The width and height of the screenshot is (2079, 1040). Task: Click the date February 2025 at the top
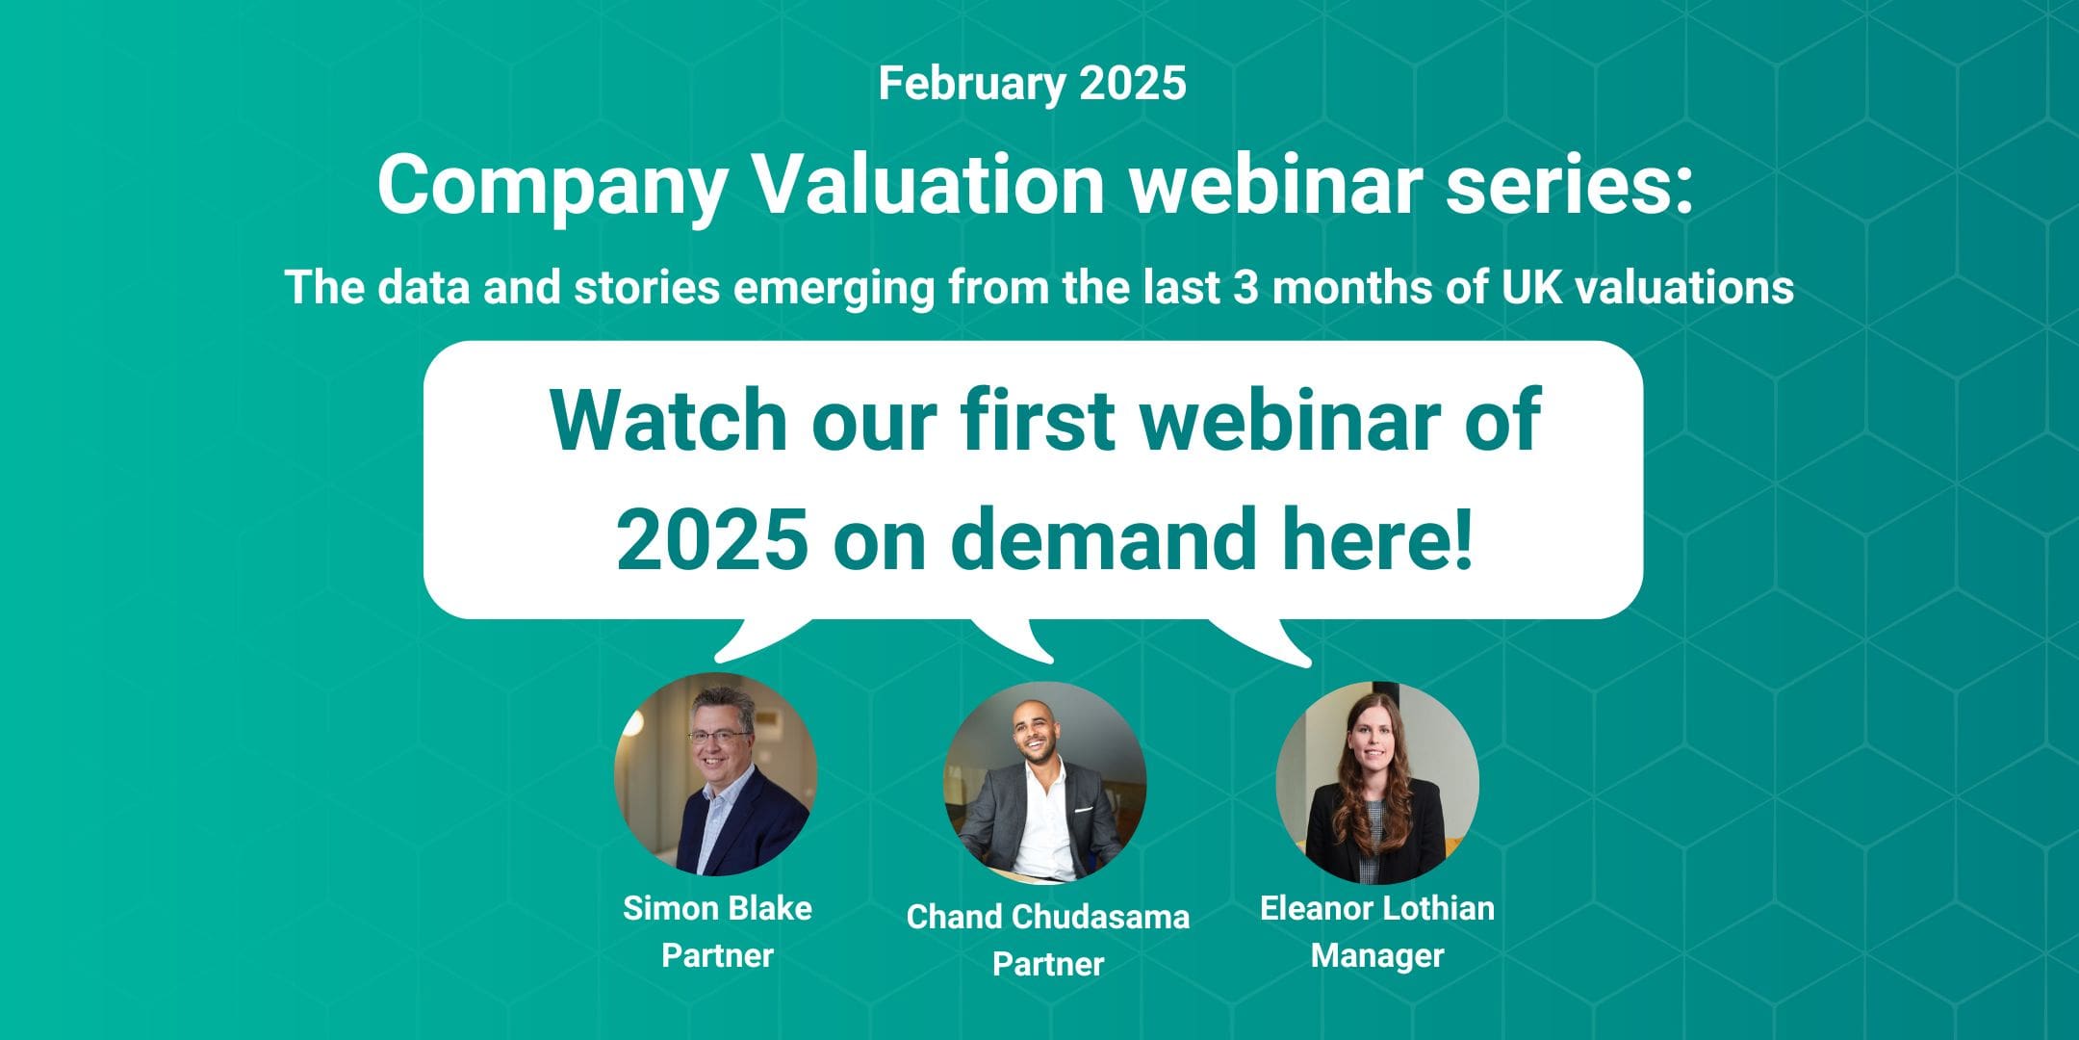(x=1032, y=84)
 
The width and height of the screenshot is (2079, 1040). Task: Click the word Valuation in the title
(x=928, y=185)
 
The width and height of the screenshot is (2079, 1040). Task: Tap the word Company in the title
(x=552, y=187)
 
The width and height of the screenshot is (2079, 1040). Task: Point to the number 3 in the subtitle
(x=1246, y=287)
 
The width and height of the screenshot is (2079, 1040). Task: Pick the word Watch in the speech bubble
(x=668, y=420)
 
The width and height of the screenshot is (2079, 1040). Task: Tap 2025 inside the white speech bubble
(x=712, y=539)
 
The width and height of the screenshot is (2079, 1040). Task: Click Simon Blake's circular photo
(x=716, y=773)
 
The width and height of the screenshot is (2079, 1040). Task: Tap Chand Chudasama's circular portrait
(x=1044, y=782)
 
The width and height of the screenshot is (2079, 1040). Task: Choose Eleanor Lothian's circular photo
(x=1377, y=782)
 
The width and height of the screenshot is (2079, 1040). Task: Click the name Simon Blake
(x=717, y=908)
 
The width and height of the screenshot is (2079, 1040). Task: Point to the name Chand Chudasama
(x=1047, y=917)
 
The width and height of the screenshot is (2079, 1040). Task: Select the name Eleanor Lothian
(x=1376, y=908)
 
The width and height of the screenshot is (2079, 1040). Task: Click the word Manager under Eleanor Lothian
(x=1376, y=956)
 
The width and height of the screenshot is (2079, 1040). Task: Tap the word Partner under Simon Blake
(x=717, y=956)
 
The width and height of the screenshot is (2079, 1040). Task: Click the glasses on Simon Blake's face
(x=718, y=736)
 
